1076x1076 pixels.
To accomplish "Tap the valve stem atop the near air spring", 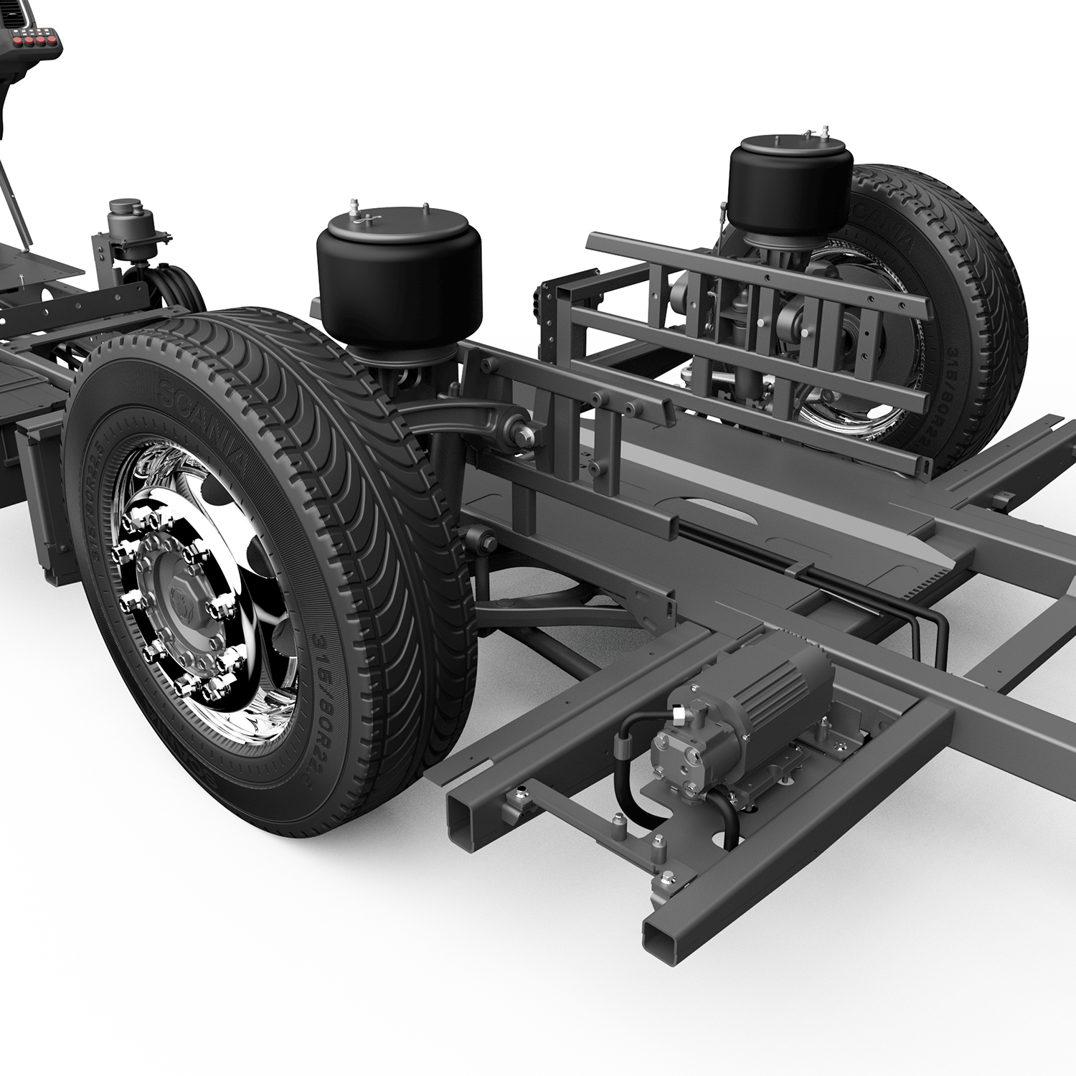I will pyautogui.click(x=354, y=208).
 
